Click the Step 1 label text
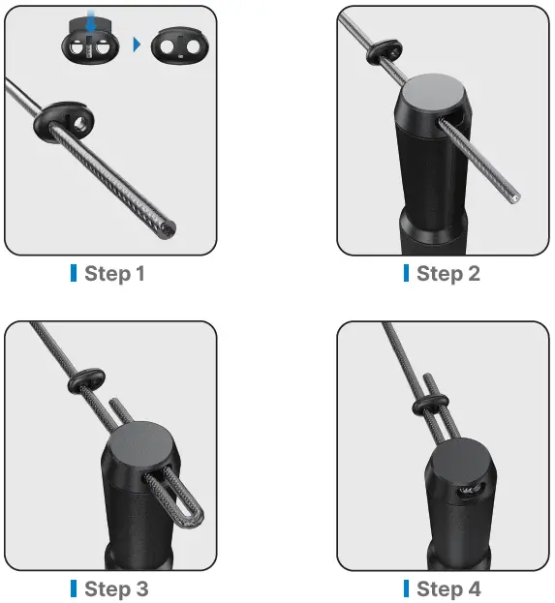point(114,273)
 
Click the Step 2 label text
point(447,273)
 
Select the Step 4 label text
point(447,588)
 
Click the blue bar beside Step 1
point(74,273)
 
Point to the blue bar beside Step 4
point(407,588)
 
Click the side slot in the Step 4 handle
point(470,492)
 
